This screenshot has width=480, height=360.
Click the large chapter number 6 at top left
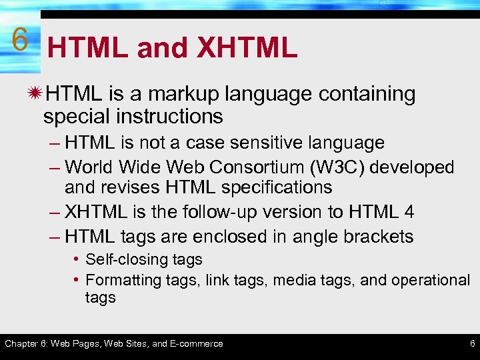click(20, 41)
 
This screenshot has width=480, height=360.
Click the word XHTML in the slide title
click(246, 47)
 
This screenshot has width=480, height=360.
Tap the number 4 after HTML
click(409, 212)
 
